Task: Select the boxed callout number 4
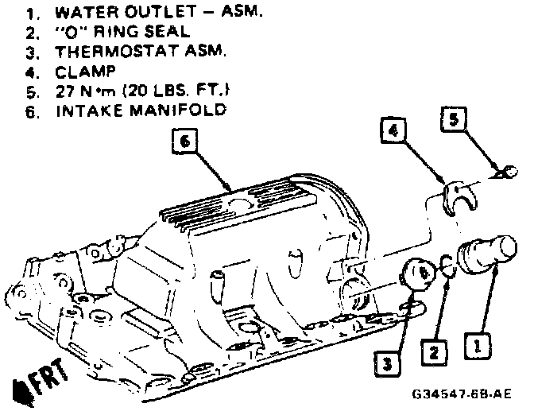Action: click(x=393, y=128)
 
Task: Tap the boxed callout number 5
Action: click(x=453, y=121)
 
